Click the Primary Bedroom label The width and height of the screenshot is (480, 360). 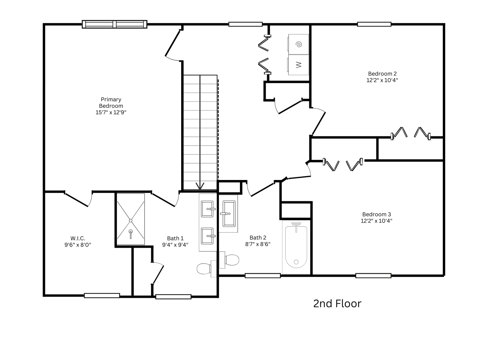tap(111, 103)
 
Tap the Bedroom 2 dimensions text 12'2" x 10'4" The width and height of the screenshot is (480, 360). tap(382, 80)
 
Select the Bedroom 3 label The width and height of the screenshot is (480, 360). tap(376, 214)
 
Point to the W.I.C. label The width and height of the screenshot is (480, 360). tap(78, 238)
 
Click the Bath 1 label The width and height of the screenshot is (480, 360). tap(175, 238)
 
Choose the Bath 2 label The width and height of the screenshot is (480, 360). tap(258, 238)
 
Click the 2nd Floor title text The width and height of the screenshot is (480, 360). tap(337, 304)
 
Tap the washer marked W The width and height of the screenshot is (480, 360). tap(298, 65)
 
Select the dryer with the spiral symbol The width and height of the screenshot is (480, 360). tap(298, 44)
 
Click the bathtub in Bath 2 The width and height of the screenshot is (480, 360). tap(296, 247)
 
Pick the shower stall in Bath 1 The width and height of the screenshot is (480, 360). tap(130, 219)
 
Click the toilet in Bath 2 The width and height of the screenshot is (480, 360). tap(229, 260)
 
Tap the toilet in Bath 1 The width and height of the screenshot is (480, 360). tap(207, 268)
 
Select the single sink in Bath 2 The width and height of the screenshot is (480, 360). tap(229, 214)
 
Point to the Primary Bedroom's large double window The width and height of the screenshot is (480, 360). tap(114, 24)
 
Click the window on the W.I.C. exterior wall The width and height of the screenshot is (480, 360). tap(102, 295)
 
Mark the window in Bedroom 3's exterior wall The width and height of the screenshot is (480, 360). tap(373, 276)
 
